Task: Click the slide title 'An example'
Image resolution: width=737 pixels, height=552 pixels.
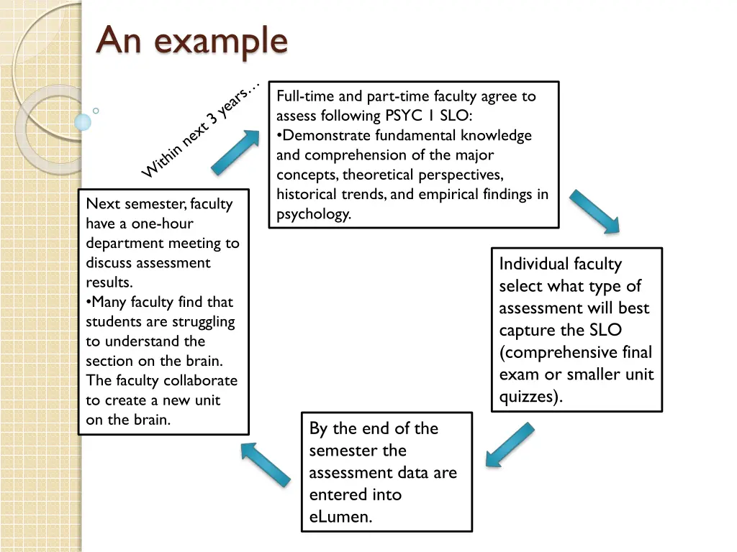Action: tap(192, 41)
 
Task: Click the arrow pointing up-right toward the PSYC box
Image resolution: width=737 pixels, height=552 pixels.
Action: tap(236, 152)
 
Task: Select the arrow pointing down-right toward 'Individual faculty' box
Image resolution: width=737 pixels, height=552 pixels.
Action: tap(594, 211)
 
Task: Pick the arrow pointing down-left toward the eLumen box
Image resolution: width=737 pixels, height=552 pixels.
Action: tap(510, 445)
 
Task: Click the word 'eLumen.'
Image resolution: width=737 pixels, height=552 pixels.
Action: tap(341, 517)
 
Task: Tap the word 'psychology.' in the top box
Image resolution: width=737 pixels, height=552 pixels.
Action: tap(314, 213)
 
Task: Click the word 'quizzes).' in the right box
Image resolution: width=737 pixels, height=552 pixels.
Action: tap(531, 397)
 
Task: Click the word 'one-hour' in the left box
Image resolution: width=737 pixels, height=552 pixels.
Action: tap(162, 224)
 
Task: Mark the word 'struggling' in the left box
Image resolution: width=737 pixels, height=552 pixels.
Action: tap(200, 321)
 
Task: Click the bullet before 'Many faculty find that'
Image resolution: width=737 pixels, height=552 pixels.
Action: tap(89, 302)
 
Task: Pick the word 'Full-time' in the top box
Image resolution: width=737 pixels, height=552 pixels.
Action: tap(302, 96)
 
